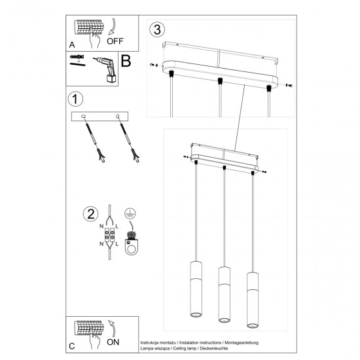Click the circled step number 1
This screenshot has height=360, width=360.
click(75, 99)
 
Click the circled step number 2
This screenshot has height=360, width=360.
click(90, 213)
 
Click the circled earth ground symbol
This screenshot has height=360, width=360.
click(130, 212)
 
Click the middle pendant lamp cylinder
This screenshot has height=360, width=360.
click(225, 295)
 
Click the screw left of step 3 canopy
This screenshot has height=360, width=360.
click(153, 65)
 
